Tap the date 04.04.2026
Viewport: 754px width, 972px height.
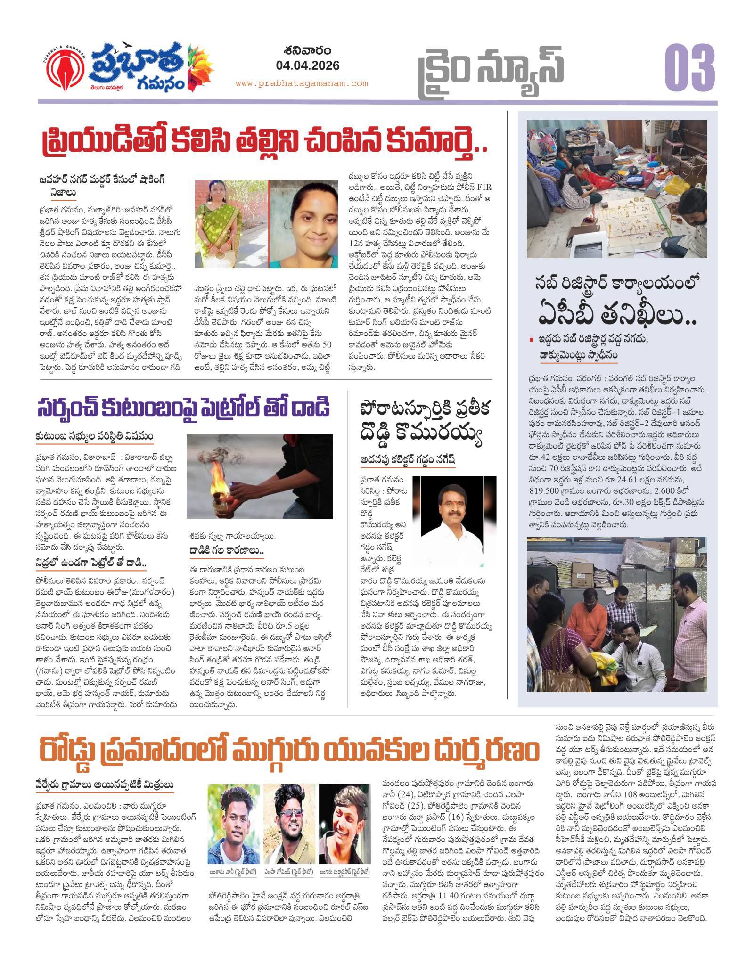308,65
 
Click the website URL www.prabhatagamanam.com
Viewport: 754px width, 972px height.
302,83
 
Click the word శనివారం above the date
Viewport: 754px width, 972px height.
308,50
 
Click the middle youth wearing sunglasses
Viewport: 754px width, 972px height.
288,835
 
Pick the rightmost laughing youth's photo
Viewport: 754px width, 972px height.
344,835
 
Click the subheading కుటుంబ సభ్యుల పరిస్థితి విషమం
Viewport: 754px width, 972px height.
94,436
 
